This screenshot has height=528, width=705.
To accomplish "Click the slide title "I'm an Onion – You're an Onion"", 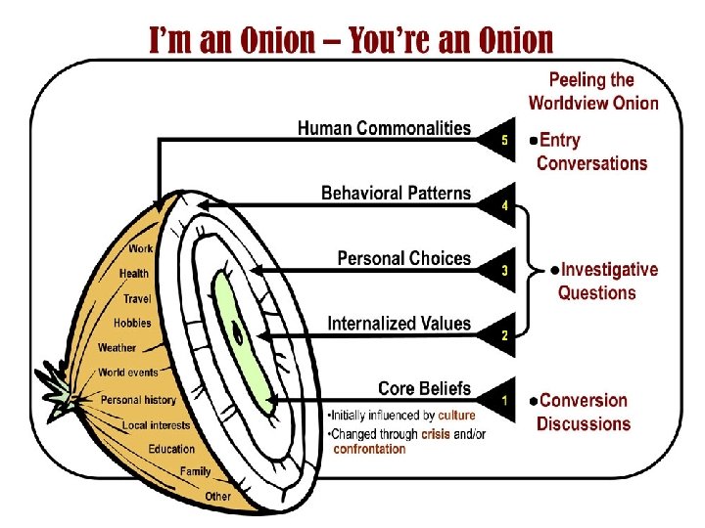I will [351, 40].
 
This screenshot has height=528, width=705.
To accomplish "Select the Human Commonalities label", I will [384, 129].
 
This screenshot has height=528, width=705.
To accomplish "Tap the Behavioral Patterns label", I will [396, 194].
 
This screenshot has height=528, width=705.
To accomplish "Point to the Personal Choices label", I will [403, 259].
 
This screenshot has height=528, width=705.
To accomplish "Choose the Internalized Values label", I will [399, 324].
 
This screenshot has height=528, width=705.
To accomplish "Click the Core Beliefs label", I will [424, 389].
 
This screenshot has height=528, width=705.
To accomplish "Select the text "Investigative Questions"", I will [604, 282].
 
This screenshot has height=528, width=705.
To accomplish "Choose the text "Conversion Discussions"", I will [584, 412].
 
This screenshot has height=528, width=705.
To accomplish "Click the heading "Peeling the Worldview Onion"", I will [592, 92].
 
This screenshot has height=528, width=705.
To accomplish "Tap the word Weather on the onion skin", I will [117, 348].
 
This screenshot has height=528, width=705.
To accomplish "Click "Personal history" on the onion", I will [138, 400].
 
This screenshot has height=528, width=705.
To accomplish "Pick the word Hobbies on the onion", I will [132, 323].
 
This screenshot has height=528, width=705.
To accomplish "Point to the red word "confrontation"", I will [369, 450].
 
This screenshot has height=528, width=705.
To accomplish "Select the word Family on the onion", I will [195, 472].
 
